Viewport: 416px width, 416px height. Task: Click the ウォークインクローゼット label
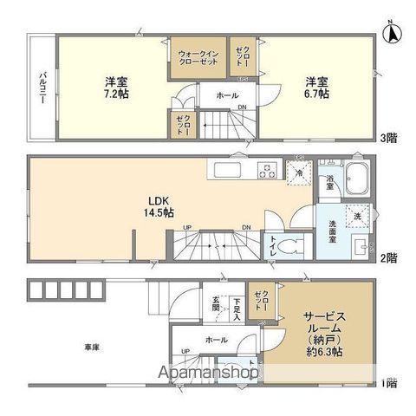197,57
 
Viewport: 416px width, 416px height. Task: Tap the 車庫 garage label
92,348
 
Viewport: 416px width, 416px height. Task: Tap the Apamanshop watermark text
209,373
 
